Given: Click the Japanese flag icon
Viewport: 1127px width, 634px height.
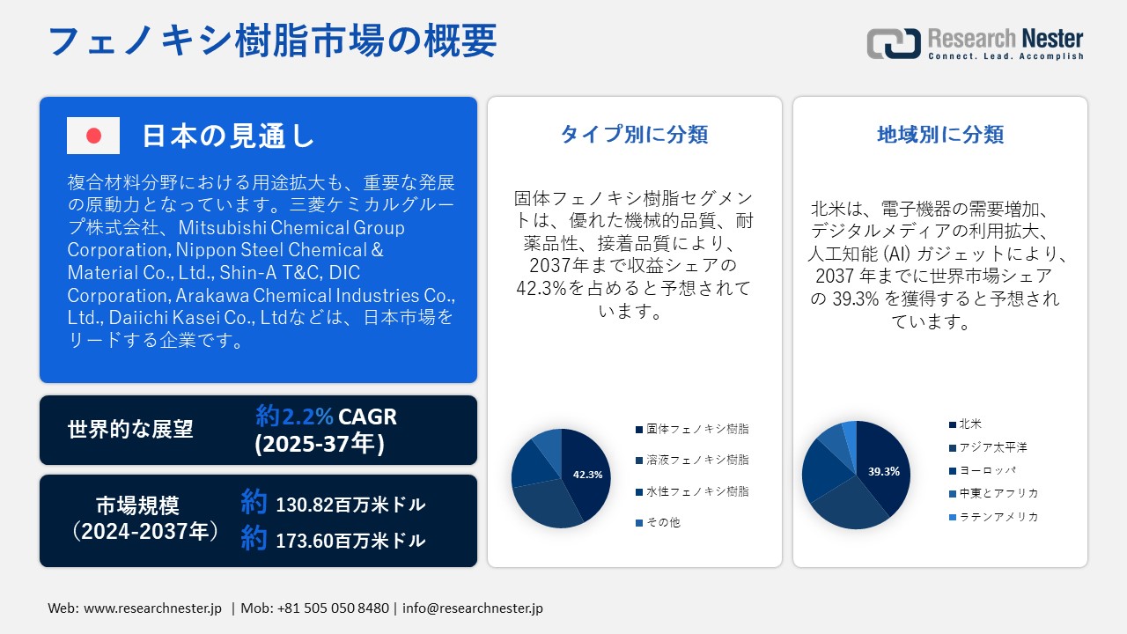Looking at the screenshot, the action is tap(93, 136).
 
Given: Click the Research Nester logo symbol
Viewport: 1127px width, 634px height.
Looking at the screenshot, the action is tap(894, 43).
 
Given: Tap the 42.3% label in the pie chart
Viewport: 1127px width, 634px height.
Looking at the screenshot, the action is tap(587, 475).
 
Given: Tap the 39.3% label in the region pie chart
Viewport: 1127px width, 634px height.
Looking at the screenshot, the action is tap(883, 471).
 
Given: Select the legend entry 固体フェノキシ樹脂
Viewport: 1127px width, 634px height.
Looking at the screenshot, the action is tap(692, 429).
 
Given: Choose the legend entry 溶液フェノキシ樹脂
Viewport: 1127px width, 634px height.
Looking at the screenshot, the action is tap(692, 460).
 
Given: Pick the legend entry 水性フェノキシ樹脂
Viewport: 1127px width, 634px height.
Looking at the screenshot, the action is tap(692, 491).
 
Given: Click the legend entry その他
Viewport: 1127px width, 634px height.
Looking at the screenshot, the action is tap(658, 523).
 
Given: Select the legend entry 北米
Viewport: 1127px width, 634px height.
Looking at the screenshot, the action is tap(965, 424).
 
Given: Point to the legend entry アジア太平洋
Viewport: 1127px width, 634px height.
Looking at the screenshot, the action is tap(988, 447).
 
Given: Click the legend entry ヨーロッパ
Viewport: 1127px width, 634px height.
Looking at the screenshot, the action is tap(982, 470).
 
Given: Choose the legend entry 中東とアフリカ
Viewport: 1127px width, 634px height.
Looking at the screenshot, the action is tap(994, 494).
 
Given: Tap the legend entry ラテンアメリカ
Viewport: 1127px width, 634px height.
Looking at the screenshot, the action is tap(994, 517).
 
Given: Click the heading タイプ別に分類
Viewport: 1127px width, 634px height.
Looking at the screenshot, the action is tap(635, 135).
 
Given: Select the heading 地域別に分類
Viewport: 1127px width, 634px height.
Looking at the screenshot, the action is tap(940, 135).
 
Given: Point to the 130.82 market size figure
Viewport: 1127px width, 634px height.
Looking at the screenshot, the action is tap(305, 505).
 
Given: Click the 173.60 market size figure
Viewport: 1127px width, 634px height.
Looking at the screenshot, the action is tap(305, 541).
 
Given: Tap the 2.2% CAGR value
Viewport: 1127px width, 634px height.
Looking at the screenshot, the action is tap(307, 417).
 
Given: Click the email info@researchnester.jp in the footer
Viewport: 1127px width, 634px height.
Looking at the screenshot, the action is tap(473, 608).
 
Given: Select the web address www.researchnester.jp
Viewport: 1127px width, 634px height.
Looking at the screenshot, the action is tap(152, 608).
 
